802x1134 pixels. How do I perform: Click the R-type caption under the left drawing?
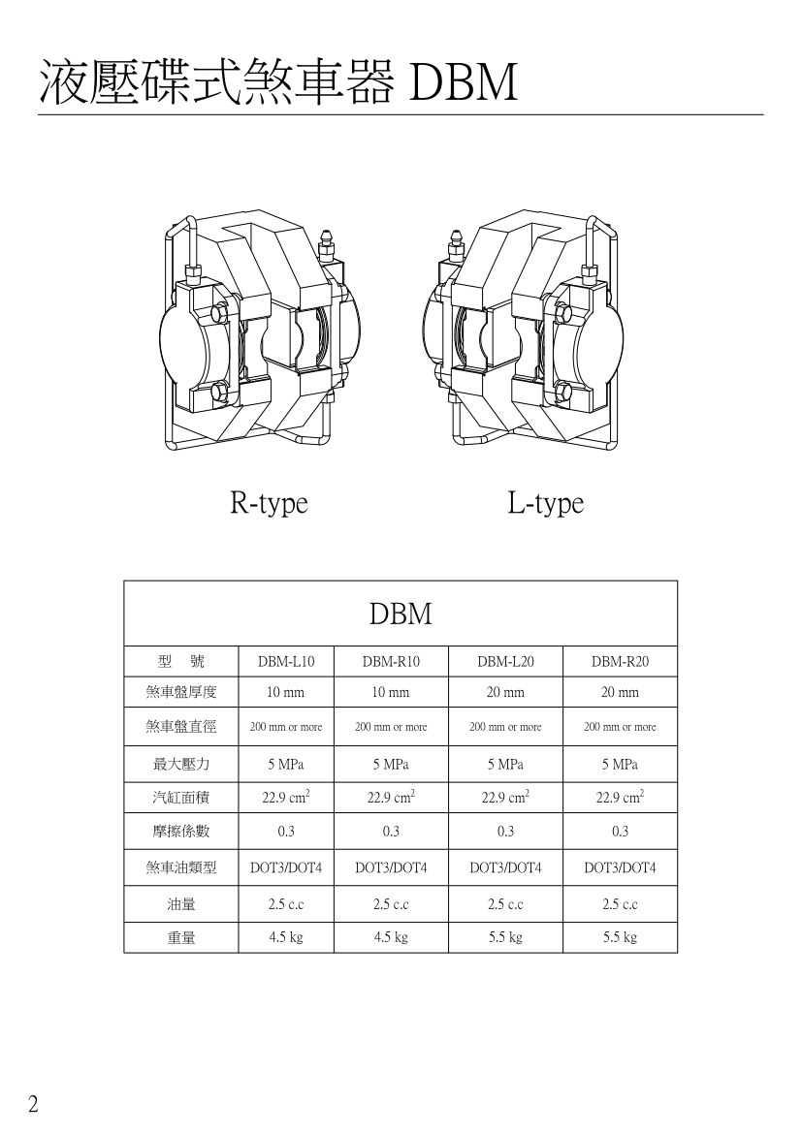269,503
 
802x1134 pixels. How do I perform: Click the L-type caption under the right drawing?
545,503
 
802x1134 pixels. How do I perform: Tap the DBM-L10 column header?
286,661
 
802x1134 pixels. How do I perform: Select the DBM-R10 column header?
391,661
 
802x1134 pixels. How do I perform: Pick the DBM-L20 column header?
505,661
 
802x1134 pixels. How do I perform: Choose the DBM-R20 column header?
620,661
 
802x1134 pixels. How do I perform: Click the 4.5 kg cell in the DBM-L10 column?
286,937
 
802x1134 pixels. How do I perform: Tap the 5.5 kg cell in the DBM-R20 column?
620,937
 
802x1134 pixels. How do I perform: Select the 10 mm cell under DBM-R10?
391,692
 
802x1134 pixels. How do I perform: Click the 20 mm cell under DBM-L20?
505,692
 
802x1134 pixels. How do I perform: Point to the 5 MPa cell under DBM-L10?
286,765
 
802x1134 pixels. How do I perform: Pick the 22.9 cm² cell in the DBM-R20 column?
620,797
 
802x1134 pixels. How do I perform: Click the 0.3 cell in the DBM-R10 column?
391,832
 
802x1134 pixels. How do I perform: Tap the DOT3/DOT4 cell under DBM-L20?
505,867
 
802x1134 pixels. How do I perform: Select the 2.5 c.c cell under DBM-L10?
286,904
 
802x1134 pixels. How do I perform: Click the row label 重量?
181,938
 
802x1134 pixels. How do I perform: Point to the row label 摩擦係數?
181,832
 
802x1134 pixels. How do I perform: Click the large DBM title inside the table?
401,614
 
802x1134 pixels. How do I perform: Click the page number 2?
33,1104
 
